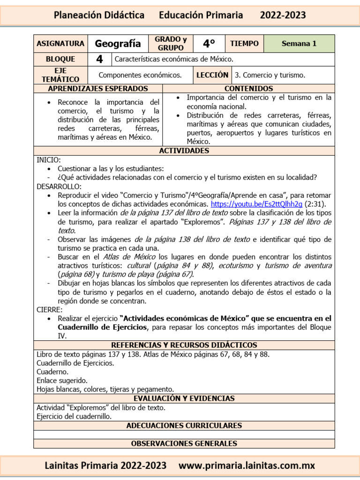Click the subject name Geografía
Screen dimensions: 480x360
point(118,44)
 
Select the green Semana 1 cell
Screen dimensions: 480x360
point(299,44)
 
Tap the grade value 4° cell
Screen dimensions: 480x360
point(209,44)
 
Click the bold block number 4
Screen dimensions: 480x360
point(99,60)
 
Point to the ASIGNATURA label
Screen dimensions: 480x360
point(60,44)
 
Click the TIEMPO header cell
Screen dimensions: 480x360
point(244,44)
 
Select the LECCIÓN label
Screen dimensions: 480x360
point(212,75)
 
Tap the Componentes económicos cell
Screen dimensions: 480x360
point(140,75)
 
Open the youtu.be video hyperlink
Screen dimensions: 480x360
point(256,204)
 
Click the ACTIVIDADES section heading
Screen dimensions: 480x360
point(184,151)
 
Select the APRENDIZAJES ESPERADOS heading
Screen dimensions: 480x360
point(98,89)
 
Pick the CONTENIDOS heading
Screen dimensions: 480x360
point(248,89)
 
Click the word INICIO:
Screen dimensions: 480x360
point(49,160)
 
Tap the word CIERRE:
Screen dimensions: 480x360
point(49,310)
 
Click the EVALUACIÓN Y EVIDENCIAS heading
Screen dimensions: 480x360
point(184,398)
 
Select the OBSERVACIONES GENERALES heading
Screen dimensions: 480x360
point(184,443)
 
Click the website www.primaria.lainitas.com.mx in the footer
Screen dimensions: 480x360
point(247,466)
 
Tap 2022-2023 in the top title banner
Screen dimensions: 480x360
point(283,15)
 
